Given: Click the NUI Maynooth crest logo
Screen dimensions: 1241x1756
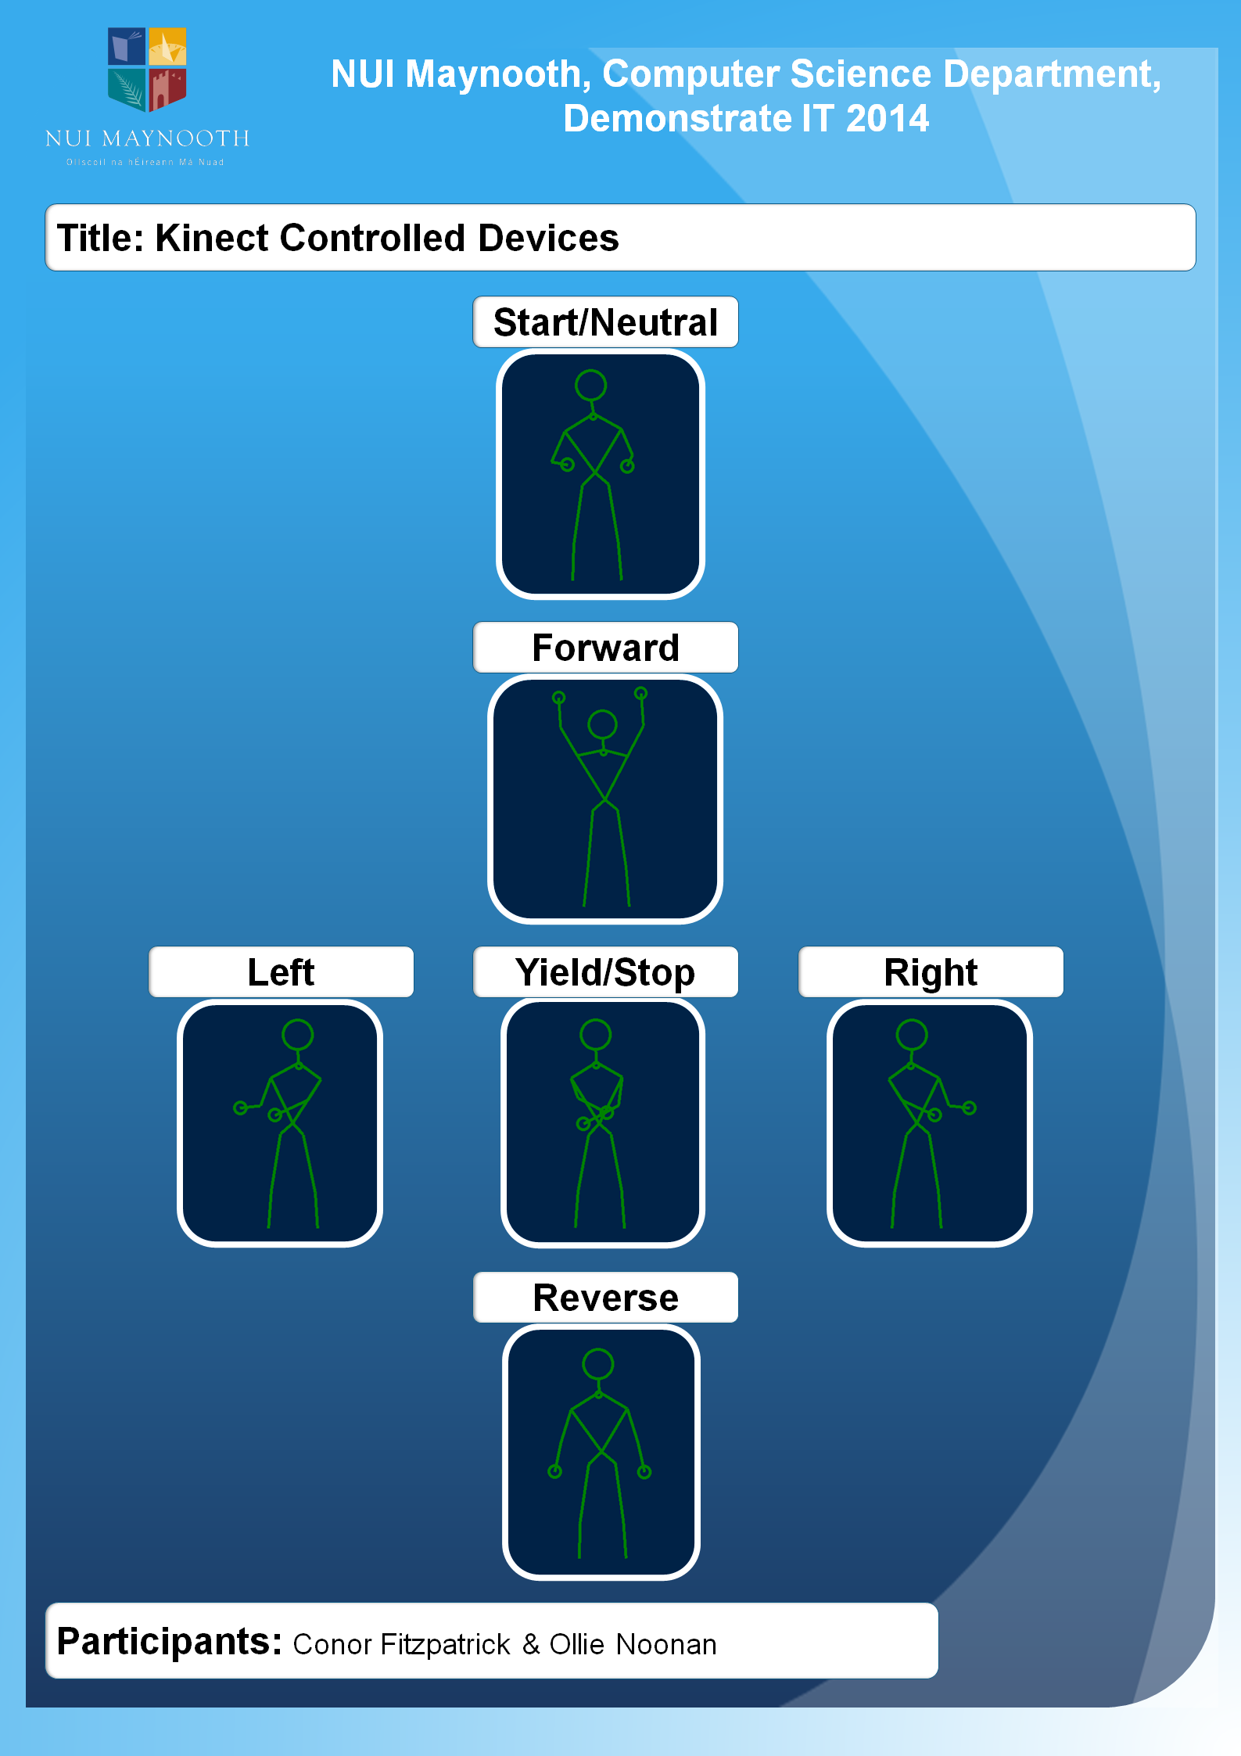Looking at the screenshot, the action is point(147,69).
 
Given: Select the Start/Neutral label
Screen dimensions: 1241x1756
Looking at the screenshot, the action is point(605,322).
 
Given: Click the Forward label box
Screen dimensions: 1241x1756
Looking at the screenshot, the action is point(605,648).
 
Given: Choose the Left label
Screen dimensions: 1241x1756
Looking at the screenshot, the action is point(281,972).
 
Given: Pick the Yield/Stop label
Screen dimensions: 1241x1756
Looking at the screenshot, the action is point(605,972).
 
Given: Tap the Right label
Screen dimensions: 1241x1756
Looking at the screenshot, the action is point(931,972).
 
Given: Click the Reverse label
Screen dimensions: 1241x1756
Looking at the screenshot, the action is point(605,1298).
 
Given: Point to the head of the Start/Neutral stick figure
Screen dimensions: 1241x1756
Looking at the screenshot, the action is point(590,385).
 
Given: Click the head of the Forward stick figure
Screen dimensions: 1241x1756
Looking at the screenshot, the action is point(602,724).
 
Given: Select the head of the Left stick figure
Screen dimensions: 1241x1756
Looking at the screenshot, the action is point(297,1034).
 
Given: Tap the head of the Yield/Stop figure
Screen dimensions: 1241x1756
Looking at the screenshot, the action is point(595,1034).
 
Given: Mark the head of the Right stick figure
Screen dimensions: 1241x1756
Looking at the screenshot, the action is point(912,1034).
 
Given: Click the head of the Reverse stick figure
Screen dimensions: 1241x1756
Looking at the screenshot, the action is point(598,1363).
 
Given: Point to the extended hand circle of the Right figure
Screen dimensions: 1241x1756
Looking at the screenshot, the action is point(970,1108).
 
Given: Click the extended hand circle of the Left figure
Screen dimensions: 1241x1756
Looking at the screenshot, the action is point(240,1108).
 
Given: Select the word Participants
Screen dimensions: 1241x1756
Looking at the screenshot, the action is point(169,1641).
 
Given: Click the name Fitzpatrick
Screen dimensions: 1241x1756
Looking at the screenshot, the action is point(445,1644).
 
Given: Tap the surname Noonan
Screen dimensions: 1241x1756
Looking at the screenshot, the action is point(666,1644).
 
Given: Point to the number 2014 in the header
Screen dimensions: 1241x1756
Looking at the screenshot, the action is point(888,119).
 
